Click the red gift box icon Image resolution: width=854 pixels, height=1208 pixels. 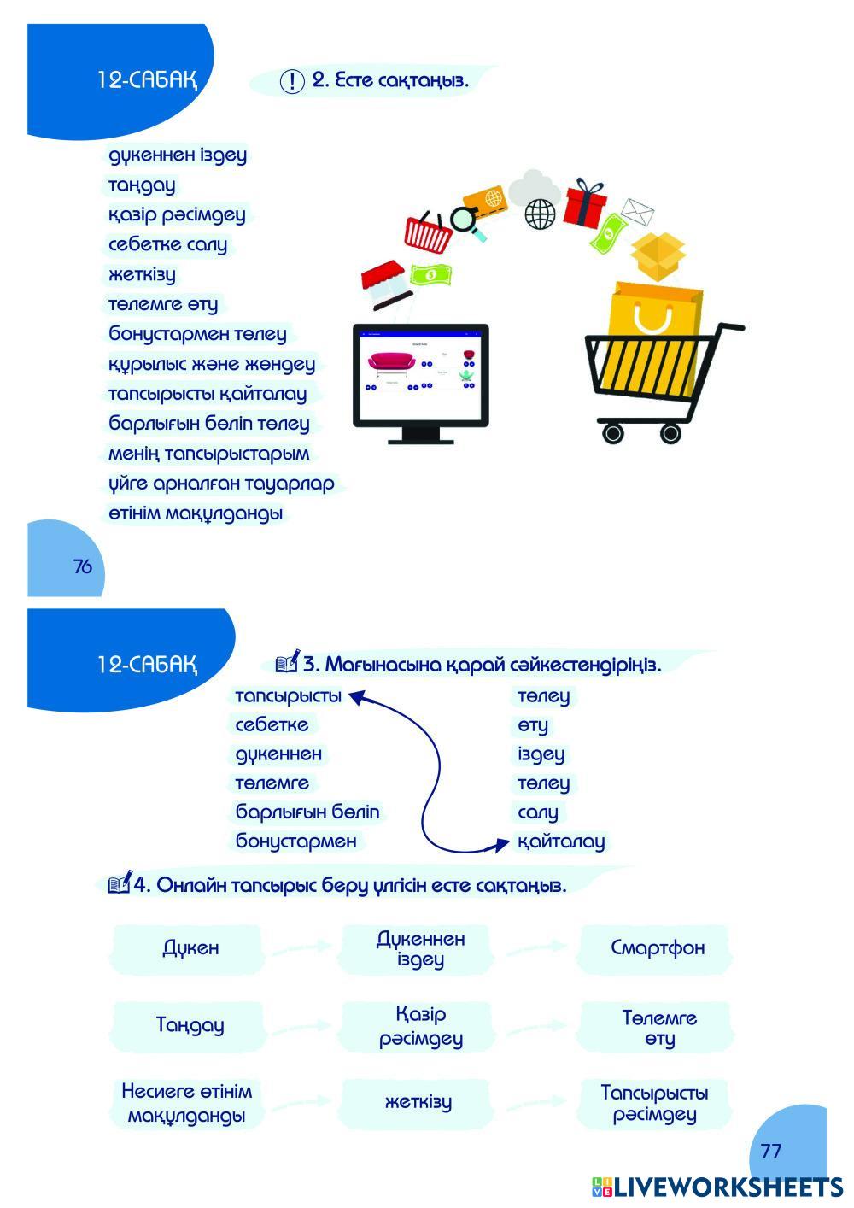pyautogui.click(x=585, y=202)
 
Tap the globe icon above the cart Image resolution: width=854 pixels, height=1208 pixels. pyautogui.click(x=540, y=214)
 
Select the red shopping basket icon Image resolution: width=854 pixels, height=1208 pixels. pyautogui.click(x=428, y=232)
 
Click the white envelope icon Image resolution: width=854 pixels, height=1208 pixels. pyautogui.click(x=637, y=211)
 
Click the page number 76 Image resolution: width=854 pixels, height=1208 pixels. pyautogui.click(x=83, y=566)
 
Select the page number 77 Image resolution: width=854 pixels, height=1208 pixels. pyautogui.click(x=771, y=1151)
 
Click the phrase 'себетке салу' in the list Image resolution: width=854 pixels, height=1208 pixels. pyautogui.click(x=168, y=245)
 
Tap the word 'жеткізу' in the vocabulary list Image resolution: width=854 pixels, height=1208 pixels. pyautogui.click(x=142, y=275)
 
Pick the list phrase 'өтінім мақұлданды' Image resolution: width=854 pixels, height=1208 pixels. pyautogui.click(x=196, y=514)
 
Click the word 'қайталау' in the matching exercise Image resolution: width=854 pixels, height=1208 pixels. pyautogui.click(x=561, y=841)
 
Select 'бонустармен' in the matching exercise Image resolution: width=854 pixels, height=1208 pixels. pyautogui.click(x=295, y=841)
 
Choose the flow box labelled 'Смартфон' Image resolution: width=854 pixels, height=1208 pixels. pyautogui.click(x=658, y=947)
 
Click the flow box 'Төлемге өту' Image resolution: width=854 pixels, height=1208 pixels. pyautogui.click(x=659, y=1028)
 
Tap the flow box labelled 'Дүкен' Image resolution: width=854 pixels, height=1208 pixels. pyautogui.click(x=190, y=948)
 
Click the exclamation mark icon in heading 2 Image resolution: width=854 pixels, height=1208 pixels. pyautogui.click(x=292, y=81)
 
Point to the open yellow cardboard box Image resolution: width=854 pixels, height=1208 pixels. pyautogui.click(x=658, y=255)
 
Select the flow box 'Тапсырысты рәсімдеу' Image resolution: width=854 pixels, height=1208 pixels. pyautogui.click(x=655, y=1104)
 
